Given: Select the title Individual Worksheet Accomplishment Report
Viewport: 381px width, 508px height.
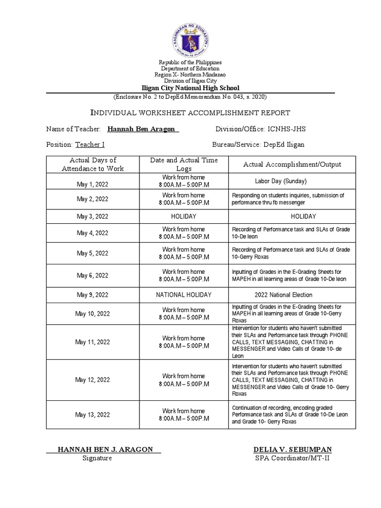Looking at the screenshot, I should point(190,113).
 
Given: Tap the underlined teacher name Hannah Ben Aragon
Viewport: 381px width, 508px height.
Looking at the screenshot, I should point(143,129).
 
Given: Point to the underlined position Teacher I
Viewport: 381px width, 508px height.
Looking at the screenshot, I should point(90,145).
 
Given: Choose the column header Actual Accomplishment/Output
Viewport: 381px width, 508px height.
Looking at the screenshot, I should point(292,164).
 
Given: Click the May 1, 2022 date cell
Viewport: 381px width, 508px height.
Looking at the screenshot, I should point(92,184).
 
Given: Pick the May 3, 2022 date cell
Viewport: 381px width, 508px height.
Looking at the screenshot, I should point(92,217).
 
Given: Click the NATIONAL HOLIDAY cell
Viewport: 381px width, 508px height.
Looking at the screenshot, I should point(184,295).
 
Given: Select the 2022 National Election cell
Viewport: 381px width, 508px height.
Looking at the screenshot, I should point(281,295).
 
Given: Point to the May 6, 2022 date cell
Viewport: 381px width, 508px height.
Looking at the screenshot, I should point(92,275).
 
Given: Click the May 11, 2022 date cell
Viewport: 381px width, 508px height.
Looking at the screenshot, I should point(92,342).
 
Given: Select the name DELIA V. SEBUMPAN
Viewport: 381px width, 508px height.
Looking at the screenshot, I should point(292,449).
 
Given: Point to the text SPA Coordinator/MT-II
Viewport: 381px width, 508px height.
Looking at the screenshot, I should point(291,458).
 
